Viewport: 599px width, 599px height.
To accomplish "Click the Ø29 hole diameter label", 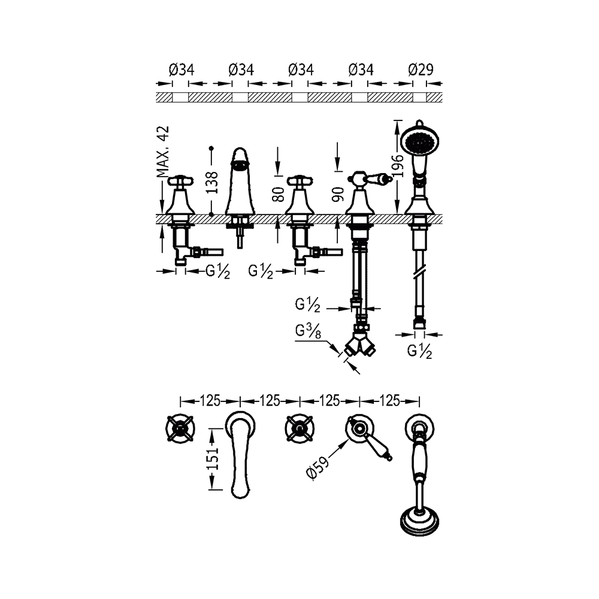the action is coord(420,70).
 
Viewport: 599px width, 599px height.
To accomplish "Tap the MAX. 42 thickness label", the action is coord(163,152).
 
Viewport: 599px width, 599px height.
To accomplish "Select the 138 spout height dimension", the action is coord(211,183).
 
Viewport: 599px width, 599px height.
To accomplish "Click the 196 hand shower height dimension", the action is coord(398,166).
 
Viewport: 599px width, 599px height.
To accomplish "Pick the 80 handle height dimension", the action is coord(278,195).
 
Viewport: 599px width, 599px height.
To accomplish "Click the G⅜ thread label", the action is coord(308,331).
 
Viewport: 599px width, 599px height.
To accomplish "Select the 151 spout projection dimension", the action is coord(214,458).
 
